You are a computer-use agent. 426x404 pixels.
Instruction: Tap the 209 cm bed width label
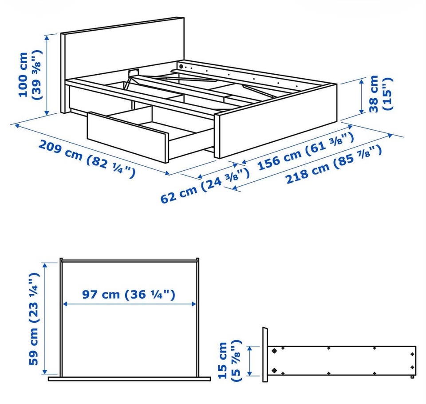pos(87,159)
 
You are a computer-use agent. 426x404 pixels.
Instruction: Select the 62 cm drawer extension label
pos(205,186)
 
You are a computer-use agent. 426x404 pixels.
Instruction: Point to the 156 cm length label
pos(306,151)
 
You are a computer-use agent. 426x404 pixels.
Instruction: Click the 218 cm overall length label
pos(334,165)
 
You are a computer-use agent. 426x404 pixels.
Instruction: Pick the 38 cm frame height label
pos(381,94)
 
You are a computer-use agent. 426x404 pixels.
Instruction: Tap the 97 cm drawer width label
pos(129,294)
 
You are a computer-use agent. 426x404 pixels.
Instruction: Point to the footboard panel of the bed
pos(276,121)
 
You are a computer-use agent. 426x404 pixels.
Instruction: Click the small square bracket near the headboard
pos(133,73)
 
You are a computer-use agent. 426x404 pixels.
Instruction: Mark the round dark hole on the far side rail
pos(181,66)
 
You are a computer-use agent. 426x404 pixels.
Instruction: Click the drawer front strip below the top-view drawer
pos(129,379)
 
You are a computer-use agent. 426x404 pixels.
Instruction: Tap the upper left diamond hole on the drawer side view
pos(274,351)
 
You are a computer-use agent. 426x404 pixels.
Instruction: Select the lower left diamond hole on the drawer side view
pos(274,370)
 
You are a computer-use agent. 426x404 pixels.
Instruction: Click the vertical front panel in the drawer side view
pos(265,355)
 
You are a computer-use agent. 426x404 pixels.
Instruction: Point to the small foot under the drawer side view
pos(412,377)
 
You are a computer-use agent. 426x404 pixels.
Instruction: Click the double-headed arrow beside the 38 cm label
pos(362,96)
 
